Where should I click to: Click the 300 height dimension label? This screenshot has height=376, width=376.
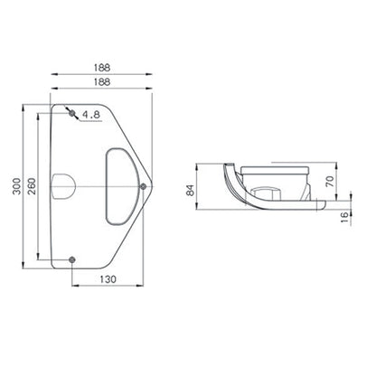coord(13,185)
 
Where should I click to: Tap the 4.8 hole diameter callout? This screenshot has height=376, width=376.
coord(90,115)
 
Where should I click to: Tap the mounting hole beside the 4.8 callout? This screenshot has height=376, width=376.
coord(72,114)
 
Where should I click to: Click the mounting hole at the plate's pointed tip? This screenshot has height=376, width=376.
coord(145,186)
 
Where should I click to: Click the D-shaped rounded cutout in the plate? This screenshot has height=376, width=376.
coord(118,185)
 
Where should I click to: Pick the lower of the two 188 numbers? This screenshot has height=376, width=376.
coord(107,80)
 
